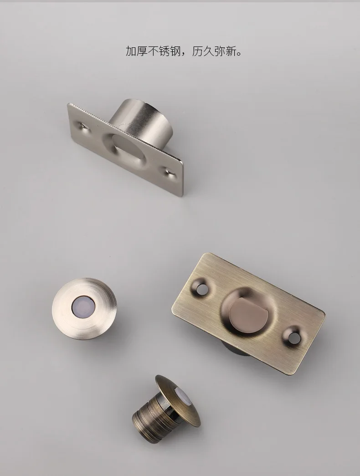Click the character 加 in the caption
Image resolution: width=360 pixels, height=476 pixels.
coord(131,51)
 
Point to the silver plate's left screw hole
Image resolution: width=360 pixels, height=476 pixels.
coord(82,125)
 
